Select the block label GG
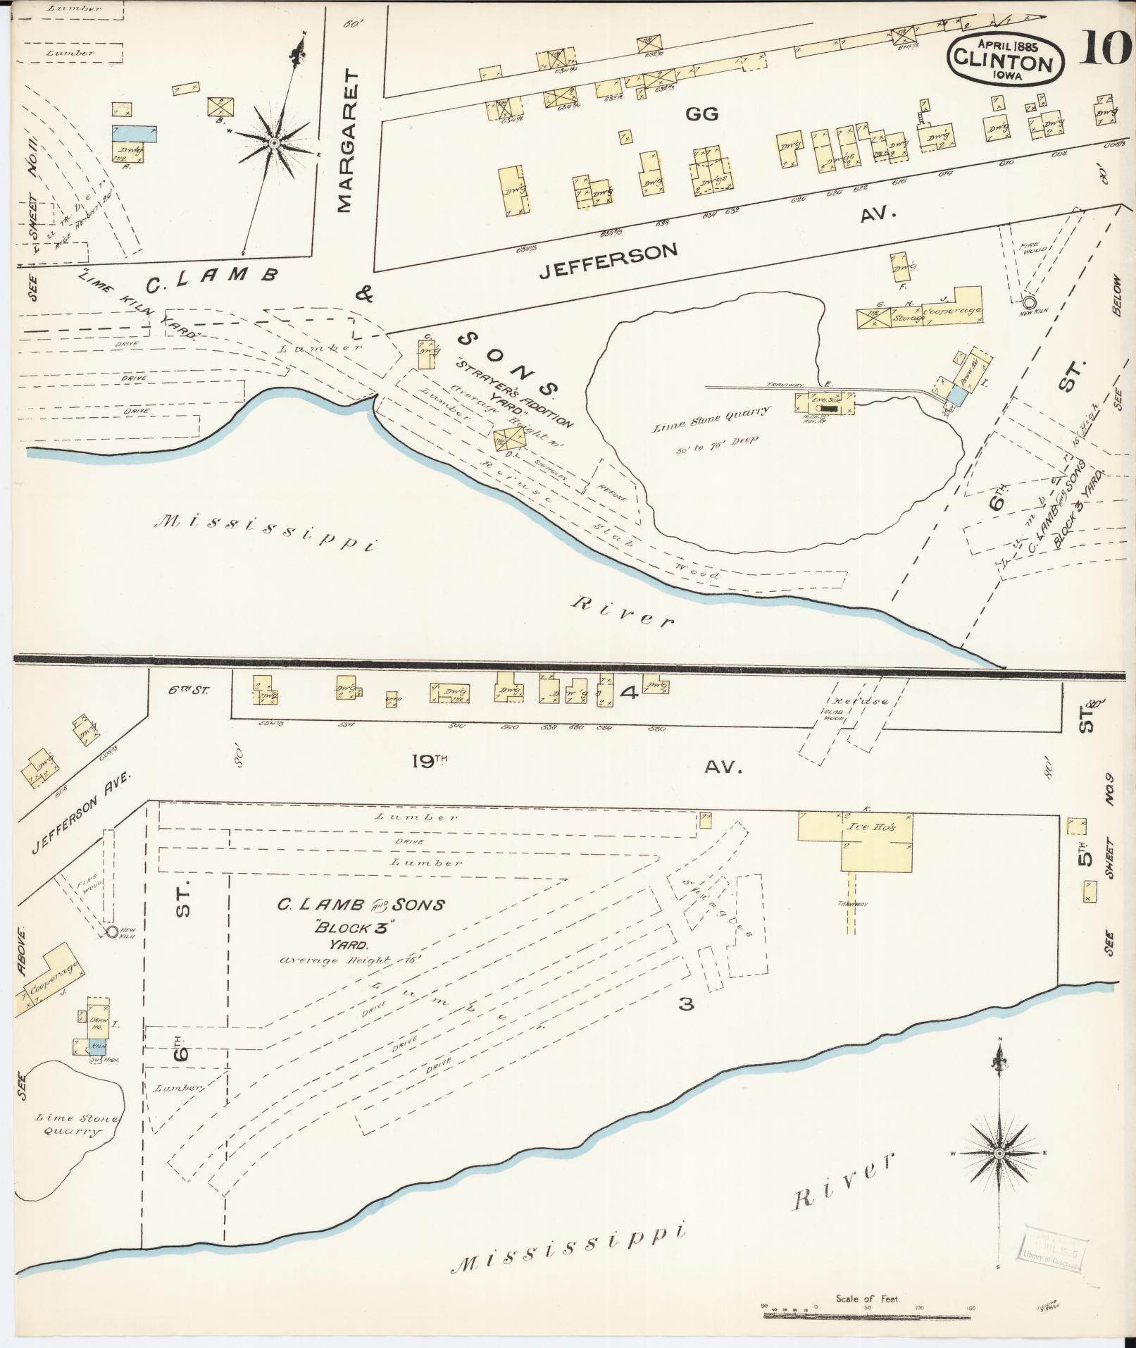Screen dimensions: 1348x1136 (x=701, y=113)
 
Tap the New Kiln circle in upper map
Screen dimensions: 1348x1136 (x=1029, y=302)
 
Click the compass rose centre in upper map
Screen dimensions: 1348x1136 (x=273, y=143)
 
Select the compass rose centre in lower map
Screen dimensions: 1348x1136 (x=999, y=1152)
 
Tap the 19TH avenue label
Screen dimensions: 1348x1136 (x=427, y=761)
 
